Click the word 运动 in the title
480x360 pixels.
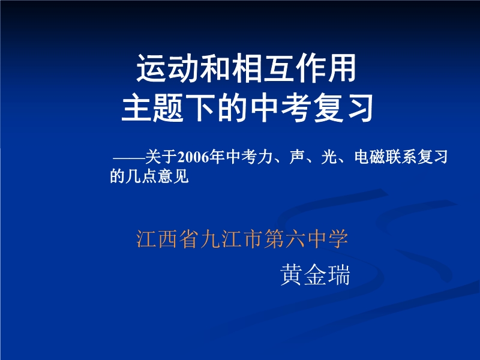167,68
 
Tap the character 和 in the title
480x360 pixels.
215,68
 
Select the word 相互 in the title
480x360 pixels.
262,68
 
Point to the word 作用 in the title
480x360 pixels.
325,68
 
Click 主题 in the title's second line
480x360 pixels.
152,108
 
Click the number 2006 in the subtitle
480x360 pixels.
193,157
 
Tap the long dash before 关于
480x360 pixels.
129,158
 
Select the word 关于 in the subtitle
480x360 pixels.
161,157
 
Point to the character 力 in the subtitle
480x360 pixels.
265,157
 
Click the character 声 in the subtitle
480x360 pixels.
296,157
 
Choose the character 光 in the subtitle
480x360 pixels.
329,157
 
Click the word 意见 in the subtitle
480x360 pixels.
173,176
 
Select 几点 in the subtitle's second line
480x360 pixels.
142,176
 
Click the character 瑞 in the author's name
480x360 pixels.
338,275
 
